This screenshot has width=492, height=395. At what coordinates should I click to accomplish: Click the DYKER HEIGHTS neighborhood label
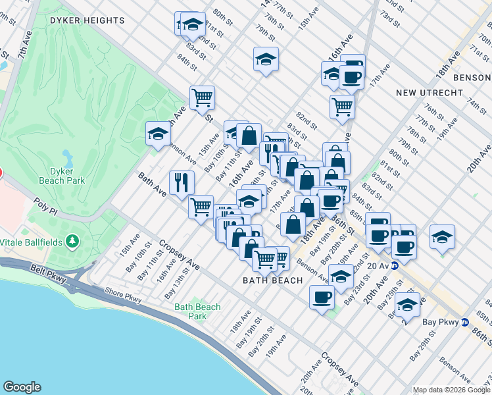click(87, 20)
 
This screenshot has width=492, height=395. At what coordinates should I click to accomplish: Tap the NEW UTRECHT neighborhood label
click(430, 93)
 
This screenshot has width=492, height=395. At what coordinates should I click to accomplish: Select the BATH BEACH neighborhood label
click(273, 280)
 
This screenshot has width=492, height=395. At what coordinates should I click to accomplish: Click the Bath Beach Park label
click(198, 311)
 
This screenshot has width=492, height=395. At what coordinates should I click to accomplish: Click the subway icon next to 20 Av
click(395, 266)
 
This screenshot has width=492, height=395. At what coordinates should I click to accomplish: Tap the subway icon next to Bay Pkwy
click(464, 323)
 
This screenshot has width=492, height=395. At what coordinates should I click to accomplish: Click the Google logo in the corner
click(22, 387)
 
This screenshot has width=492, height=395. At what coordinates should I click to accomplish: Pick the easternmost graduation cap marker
click(443, 236)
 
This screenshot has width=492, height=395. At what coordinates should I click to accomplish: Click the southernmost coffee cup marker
click(322, 297)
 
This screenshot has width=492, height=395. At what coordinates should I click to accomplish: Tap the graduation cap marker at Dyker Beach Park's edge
click(158, 134)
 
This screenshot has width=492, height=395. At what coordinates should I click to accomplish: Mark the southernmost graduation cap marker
click(407, 305)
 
